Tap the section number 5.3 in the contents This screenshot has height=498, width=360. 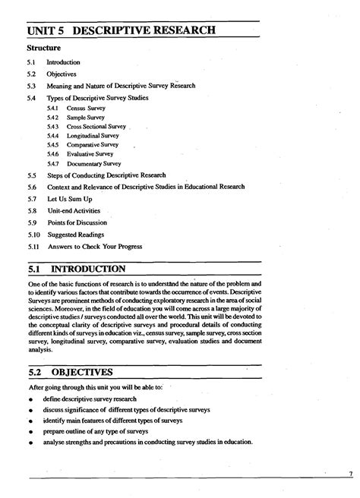31,86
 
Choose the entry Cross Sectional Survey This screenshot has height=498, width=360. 96,128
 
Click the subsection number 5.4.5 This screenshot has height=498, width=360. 52,145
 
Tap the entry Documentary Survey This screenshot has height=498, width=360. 94,163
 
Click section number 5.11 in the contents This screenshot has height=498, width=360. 32,247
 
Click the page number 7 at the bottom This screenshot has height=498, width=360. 351,475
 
